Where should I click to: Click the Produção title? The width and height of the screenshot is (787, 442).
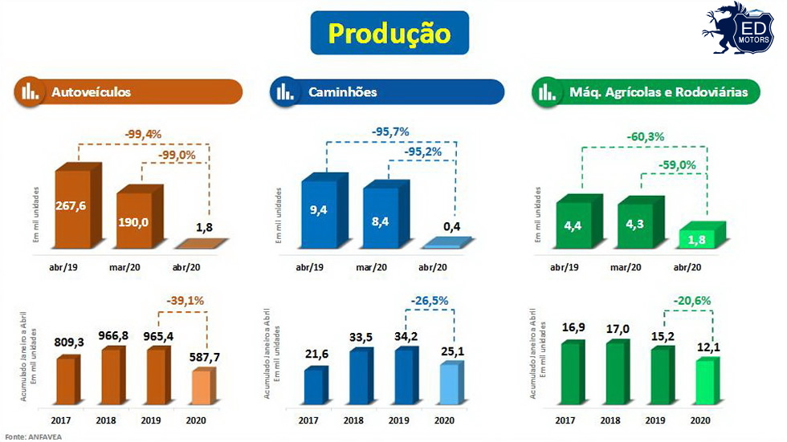click(x=389, y=34)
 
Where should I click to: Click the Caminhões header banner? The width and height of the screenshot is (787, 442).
click(x=387, y=92)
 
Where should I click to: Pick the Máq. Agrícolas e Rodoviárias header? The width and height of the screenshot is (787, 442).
click(x=646, y=92)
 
